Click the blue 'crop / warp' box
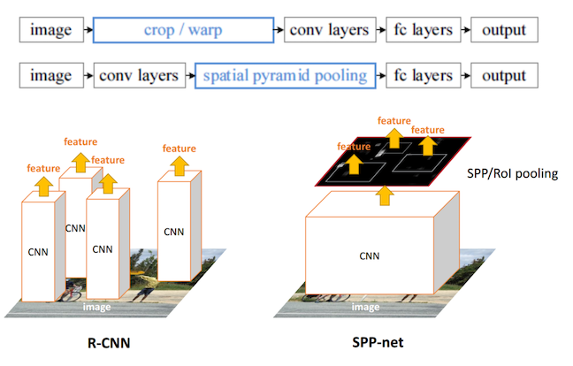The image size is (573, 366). click(x=183, y=30)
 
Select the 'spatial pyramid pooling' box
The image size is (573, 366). click(x=285, y=75)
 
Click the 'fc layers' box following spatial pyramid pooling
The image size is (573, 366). click(x=422, y=75)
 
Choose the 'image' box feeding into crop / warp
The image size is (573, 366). click(x=51, y=30)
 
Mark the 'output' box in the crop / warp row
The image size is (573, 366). click(x=503, y=30)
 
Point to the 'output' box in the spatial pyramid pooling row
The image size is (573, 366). click(x=503, y=75)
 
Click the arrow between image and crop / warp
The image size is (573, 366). click(x=86, y=30)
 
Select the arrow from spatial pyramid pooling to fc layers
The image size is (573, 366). click(x=383, y=75)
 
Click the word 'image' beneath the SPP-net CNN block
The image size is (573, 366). click(x=366, y=306)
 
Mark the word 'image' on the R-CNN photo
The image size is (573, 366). click(x=97, y=306)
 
